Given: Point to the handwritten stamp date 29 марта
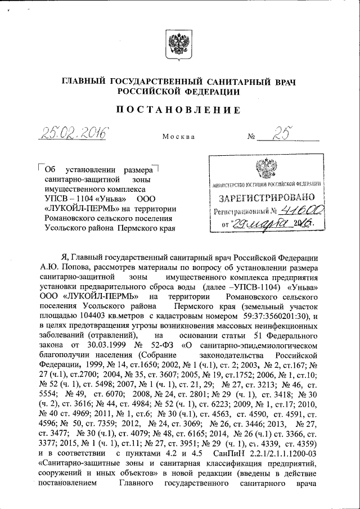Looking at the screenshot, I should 265,224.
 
